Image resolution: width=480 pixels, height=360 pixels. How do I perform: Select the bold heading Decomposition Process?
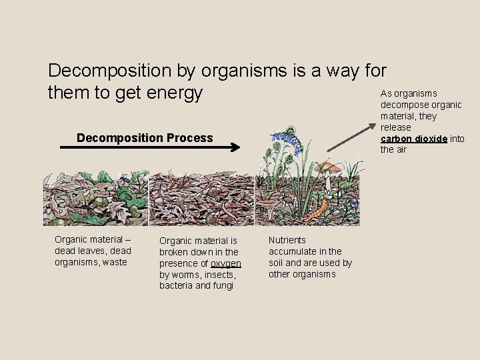pyautogui.click(x=145, y=138)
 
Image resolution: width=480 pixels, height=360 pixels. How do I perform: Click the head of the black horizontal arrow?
pyautogui.click(x=235, y=148)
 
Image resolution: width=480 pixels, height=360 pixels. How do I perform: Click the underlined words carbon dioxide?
pyautogui.click(x=413, y=139)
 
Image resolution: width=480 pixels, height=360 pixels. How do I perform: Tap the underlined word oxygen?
pyautogui.click(x=225, y=263)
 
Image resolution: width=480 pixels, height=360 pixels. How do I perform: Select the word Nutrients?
pyautogui.click(x=287, y=239)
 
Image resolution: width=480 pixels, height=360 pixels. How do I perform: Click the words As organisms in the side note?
pyautogui.click(x=409, y=93)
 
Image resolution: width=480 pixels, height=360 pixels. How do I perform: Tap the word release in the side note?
pyautogui.click(x=395, y=127)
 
